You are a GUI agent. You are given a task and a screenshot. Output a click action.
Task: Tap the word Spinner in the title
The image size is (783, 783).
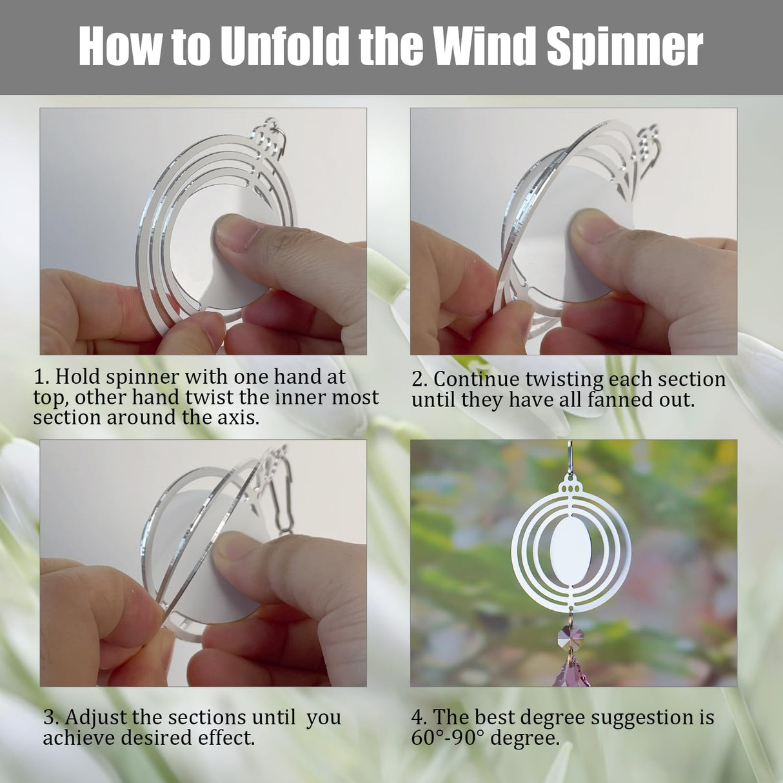(x=624, y=47)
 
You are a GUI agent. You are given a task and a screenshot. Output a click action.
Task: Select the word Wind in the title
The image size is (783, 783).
(x=484, y=47)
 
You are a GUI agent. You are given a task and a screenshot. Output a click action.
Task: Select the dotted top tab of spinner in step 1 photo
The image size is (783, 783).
(x=266, y=139)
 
